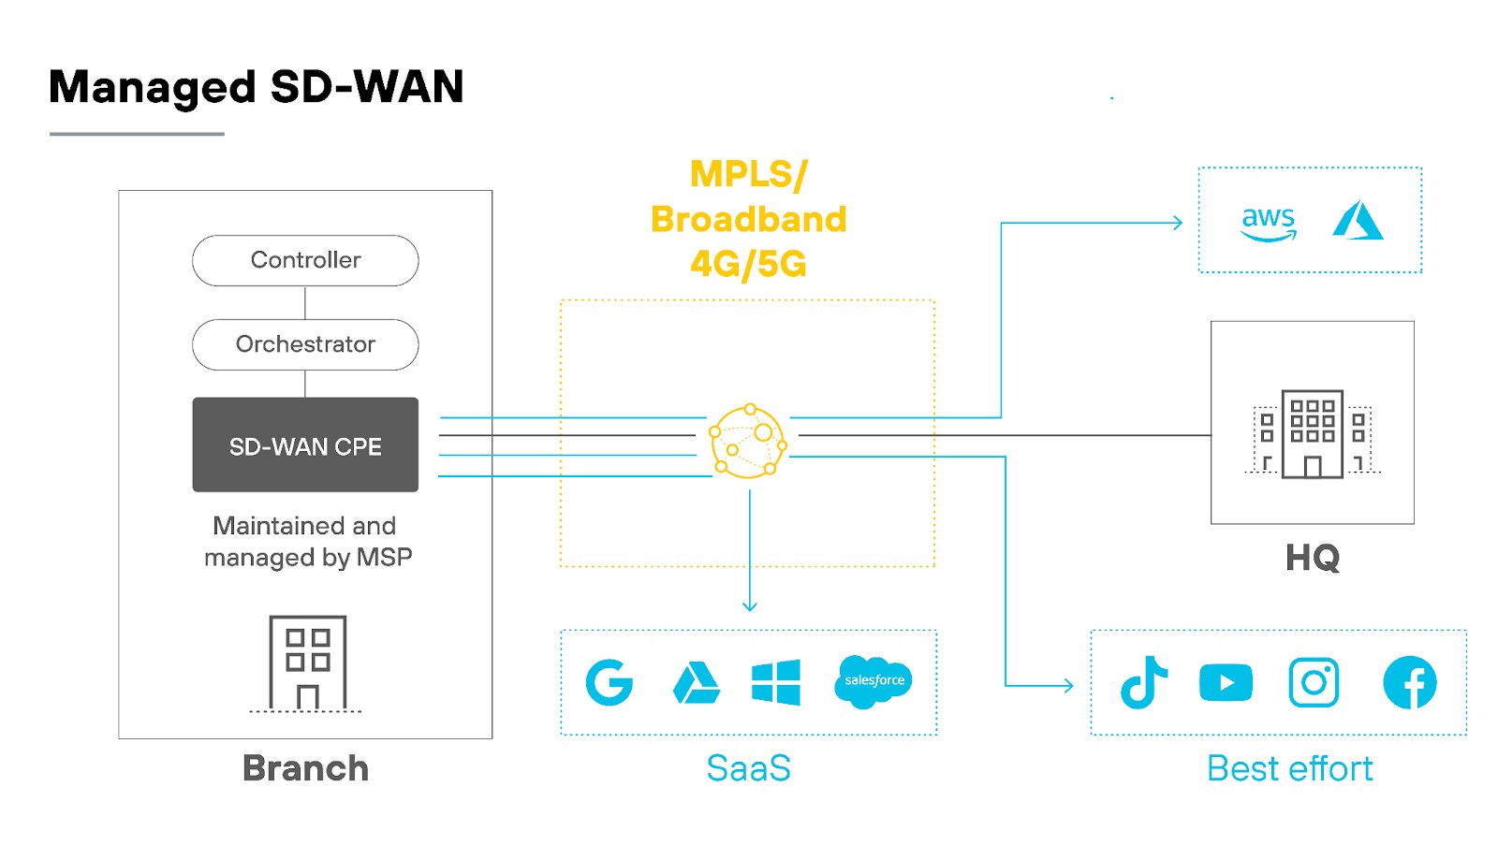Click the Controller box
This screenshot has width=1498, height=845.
coord(305,260)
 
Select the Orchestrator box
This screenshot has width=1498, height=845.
coord(305,344)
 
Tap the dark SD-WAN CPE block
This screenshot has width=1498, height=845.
coord(305,445)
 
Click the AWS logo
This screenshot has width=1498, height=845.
coord(1268,223)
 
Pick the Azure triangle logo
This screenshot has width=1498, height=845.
coord(1358,221)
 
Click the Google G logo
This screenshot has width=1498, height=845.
coord(609,682)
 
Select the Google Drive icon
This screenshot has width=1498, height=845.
coord(696,683)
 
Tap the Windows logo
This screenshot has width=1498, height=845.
coord(776,682)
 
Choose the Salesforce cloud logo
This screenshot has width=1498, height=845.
coord(874,681)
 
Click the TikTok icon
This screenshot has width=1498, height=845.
coord(1144,682)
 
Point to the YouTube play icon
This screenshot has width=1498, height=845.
coord(1226,683)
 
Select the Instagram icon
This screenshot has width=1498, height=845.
coord(1314,682)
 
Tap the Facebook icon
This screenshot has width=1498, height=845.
coord(1409,682)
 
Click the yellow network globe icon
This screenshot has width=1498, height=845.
coord(748,442)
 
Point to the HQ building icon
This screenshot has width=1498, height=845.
coord(1312,434)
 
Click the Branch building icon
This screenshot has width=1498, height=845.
coord(307,663)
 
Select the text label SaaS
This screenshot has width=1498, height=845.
coord(748,768)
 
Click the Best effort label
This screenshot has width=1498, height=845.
coord(1289,768)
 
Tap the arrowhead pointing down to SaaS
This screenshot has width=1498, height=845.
coord(749,606)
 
